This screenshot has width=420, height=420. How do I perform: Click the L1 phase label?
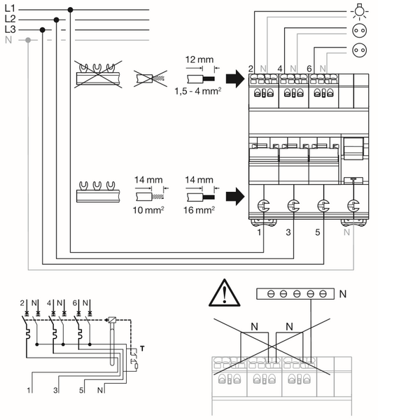[x=10, y=8]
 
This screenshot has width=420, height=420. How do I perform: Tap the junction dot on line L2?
[x=56, y=20]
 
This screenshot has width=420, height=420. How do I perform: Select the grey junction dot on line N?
[x=28, y=40]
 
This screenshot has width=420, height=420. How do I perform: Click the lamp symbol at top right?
[x=359, y=12]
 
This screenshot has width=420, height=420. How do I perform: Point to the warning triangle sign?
[x=224, y=293]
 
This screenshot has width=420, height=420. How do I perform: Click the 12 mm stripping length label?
[x=199, y=59]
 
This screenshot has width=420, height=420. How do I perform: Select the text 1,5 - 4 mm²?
[x=198, y=91]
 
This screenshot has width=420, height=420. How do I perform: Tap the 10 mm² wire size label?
[x=148, y=210]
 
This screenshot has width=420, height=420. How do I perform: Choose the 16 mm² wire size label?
[x=199, y=210]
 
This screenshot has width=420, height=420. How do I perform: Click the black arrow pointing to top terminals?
[x=235, y=78]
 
